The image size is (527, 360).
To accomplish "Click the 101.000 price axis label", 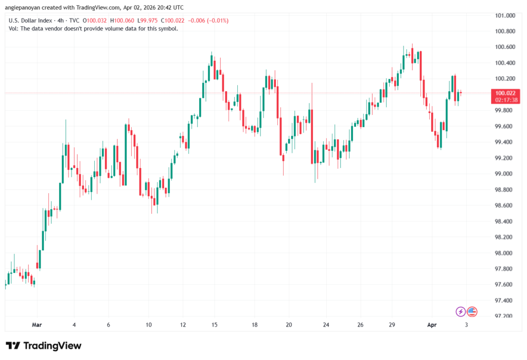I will tap(505, 15).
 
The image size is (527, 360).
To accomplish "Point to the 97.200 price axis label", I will tap(505, 316).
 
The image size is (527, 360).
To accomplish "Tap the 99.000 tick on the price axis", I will tap(505, 174).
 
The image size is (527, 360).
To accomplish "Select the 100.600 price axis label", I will tap(505, 47).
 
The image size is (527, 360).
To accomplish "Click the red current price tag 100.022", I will tap(505, 93).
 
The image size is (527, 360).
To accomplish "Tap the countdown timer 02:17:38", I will tap(505, 99).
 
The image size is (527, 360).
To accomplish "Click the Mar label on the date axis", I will tap(37, 325).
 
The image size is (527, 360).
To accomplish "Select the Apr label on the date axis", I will tap(432, 325).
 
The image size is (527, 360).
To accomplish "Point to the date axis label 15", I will tap(215, 325).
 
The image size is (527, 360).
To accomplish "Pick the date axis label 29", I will tap(392, 325).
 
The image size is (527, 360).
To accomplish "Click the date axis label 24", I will tap(326, 325).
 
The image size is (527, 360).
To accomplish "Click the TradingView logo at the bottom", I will tap(43, 346).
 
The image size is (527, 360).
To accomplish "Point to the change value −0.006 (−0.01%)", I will tap(210, 21).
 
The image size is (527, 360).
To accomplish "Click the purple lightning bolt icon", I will tap(461, 311).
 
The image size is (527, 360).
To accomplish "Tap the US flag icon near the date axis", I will tap(471, 311).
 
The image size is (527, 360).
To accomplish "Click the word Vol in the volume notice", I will tap(13, 28).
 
